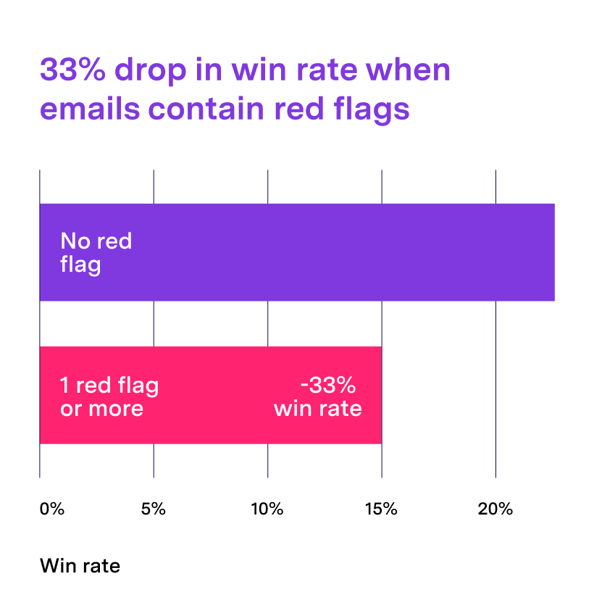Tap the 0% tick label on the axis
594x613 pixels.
(52, 509)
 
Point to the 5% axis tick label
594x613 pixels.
(154, 509)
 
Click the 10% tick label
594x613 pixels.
(267, 509)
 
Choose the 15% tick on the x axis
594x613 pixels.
(381, 509)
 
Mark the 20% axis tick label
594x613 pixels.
(495, 509)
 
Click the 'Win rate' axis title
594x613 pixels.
(80, 565)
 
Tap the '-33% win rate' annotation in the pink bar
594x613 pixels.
(318, 397)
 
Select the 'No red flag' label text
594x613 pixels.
(96, 252)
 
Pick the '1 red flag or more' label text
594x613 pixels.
(109, 397)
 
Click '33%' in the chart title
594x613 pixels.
(70, 71)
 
